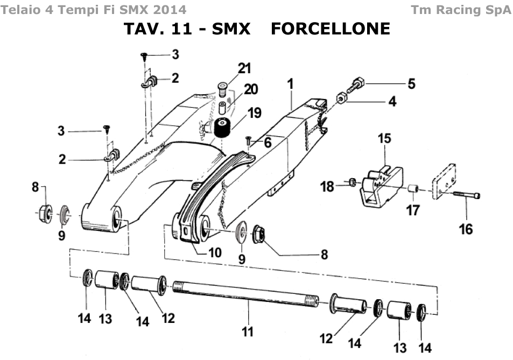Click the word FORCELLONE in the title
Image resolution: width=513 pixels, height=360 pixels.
pyautogui.click(x=330, y=29)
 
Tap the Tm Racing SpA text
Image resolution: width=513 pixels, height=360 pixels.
pyautogui.click(x=461, y=10)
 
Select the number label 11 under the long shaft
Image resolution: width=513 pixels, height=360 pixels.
pyautogui.click(x=247, y=331)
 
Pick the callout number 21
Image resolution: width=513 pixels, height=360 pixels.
pyautogui.click(x=244, y=68)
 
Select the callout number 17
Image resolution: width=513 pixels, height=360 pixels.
pyautogui.click(x=412, y=209)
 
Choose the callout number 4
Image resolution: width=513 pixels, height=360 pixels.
pyautogui.click(x=392, y=101)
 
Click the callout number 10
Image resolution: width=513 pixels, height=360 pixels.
pyautogui.click(x=215, y=252)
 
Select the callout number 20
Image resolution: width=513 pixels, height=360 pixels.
pyautogui.click(x=251, y=89)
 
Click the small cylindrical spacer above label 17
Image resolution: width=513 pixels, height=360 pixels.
pyautogui.click(x=412, y=189)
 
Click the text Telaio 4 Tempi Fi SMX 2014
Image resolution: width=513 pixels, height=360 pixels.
pyautogui.click(x=95, y=10)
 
